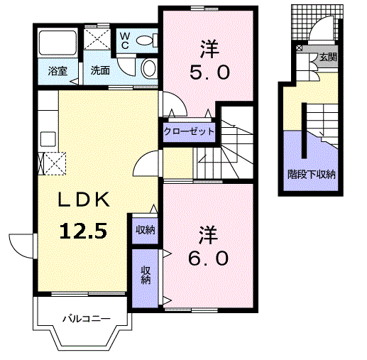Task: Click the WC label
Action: click(x=125, y=40)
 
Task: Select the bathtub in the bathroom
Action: click(x=57, y=43)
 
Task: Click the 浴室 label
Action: click(x=57, y=71)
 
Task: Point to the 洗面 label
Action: click(x=100, y=70)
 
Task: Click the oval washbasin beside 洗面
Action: click(x=149, y=68)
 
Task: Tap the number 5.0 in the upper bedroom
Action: click(x=209, y=72)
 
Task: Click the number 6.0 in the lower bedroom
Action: click(x=209, y=258)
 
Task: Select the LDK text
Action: click(x=84, y=200)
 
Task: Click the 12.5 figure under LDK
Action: click(x=83, y=231)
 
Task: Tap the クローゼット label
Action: click(x=189, y=131)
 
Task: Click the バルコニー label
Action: click(x=87, y=319)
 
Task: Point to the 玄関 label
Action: click(x=328, y=57)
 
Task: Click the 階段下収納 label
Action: click(x=312, y=175)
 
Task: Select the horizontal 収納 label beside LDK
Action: click(x=146, y=229)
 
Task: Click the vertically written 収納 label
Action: click(x=146, y=276)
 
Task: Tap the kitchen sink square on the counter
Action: click(x=48, y=139)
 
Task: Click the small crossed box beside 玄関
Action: click(x=300, y=48)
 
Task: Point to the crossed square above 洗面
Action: click(x=97, y=39)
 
